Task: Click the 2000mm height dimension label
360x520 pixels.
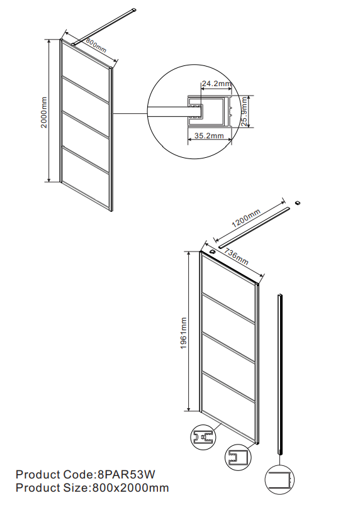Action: [44, 112]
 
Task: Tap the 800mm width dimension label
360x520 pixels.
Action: [96, 45]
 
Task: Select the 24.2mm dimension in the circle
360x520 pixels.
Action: [217, 83]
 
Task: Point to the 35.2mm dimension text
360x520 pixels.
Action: [209, 136]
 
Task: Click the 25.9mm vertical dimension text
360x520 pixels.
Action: [245, 111]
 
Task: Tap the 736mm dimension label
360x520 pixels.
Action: [236, 257]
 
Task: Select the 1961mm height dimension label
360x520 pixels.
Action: [184, 333]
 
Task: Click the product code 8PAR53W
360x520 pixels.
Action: [126, 474]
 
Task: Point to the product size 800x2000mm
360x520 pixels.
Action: [130, 488]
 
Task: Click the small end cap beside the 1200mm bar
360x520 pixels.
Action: [298, 202]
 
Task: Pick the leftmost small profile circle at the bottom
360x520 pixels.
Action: [203, 437]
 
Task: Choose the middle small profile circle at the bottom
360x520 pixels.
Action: [238, 457]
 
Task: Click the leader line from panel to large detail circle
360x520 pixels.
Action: [130, 114]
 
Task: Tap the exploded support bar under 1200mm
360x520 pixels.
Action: [254, 228]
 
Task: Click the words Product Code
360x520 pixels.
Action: [55, 474]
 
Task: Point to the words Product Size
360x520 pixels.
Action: [52, 488]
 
